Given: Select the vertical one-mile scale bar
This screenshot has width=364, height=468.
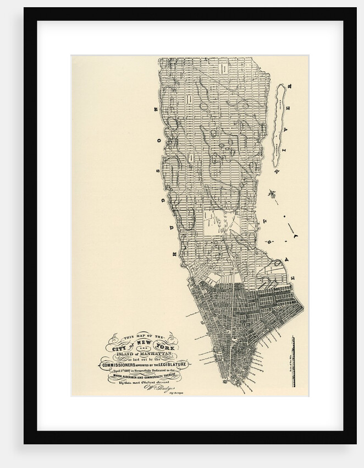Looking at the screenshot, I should (293, 358).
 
